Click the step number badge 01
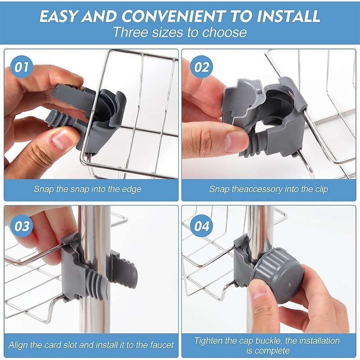click(22, 67)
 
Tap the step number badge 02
click(202, 67)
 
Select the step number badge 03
click(22, 226)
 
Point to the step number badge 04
click(201, 226)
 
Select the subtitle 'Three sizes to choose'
click(180, 33)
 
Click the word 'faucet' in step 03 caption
click(159, 346)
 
